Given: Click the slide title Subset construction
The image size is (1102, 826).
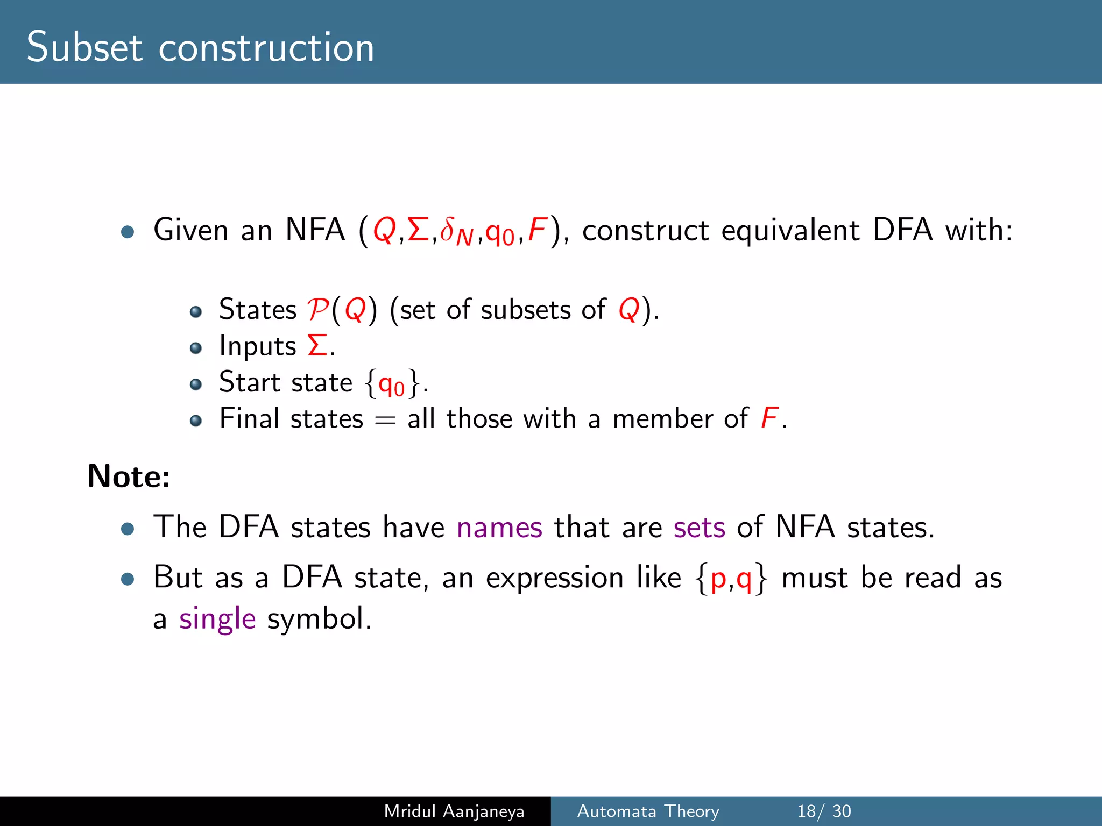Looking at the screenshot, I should pos(200,47).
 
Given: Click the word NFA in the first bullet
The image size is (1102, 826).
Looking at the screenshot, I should pos(315,230).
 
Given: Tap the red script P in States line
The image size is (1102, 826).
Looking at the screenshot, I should pos(318,310).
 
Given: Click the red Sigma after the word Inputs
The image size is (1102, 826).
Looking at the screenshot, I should pos(317,345).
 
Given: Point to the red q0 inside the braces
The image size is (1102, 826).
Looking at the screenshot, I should pos(391,384).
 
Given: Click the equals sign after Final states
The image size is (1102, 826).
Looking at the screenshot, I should pos(385,420).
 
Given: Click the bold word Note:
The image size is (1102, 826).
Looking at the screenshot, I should pos(129,476).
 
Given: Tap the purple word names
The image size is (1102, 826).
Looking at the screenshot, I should pos(499,527).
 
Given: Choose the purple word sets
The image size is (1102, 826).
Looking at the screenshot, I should pos(699,527).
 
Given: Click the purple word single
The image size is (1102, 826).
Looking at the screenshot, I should pos(217,619).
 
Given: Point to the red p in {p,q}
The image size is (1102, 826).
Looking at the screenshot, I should pos(718,579).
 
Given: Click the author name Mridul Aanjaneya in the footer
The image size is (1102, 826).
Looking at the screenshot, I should pos(454,811).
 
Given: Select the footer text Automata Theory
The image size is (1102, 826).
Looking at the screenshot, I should pos(648,811).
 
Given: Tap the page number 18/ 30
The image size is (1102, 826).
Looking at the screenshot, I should pos(824,811).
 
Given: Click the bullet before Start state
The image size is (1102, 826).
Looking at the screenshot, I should pos(196,384).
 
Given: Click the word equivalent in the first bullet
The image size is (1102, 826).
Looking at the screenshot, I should pos(790,230).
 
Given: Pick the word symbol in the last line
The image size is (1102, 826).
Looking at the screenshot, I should pos(319,619).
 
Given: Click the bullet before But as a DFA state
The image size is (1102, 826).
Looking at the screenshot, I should pos(128,579).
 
